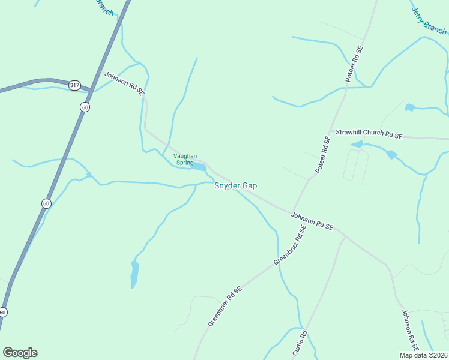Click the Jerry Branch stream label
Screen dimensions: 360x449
428,20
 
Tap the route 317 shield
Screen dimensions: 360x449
74,85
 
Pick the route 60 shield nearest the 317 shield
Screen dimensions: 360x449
85,107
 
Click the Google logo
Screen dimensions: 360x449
20,352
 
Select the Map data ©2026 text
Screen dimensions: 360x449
423,355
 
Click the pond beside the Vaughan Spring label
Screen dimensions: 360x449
199,166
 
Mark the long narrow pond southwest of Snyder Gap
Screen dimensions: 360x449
134,273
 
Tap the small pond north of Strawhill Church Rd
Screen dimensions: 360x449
409,107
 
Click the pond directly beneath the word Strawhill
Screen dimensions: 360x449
357,144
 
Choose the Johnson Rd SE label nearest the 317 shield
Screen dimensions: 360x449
125,83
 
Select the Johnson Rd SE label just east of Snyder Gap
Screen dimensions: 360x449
312,220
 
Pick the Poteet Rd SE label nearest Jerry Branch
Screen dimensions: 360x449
354,64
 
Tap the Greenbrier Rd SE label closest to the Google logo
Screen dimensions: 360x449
225,306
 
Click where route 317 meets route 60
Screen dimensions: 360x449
91,91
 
